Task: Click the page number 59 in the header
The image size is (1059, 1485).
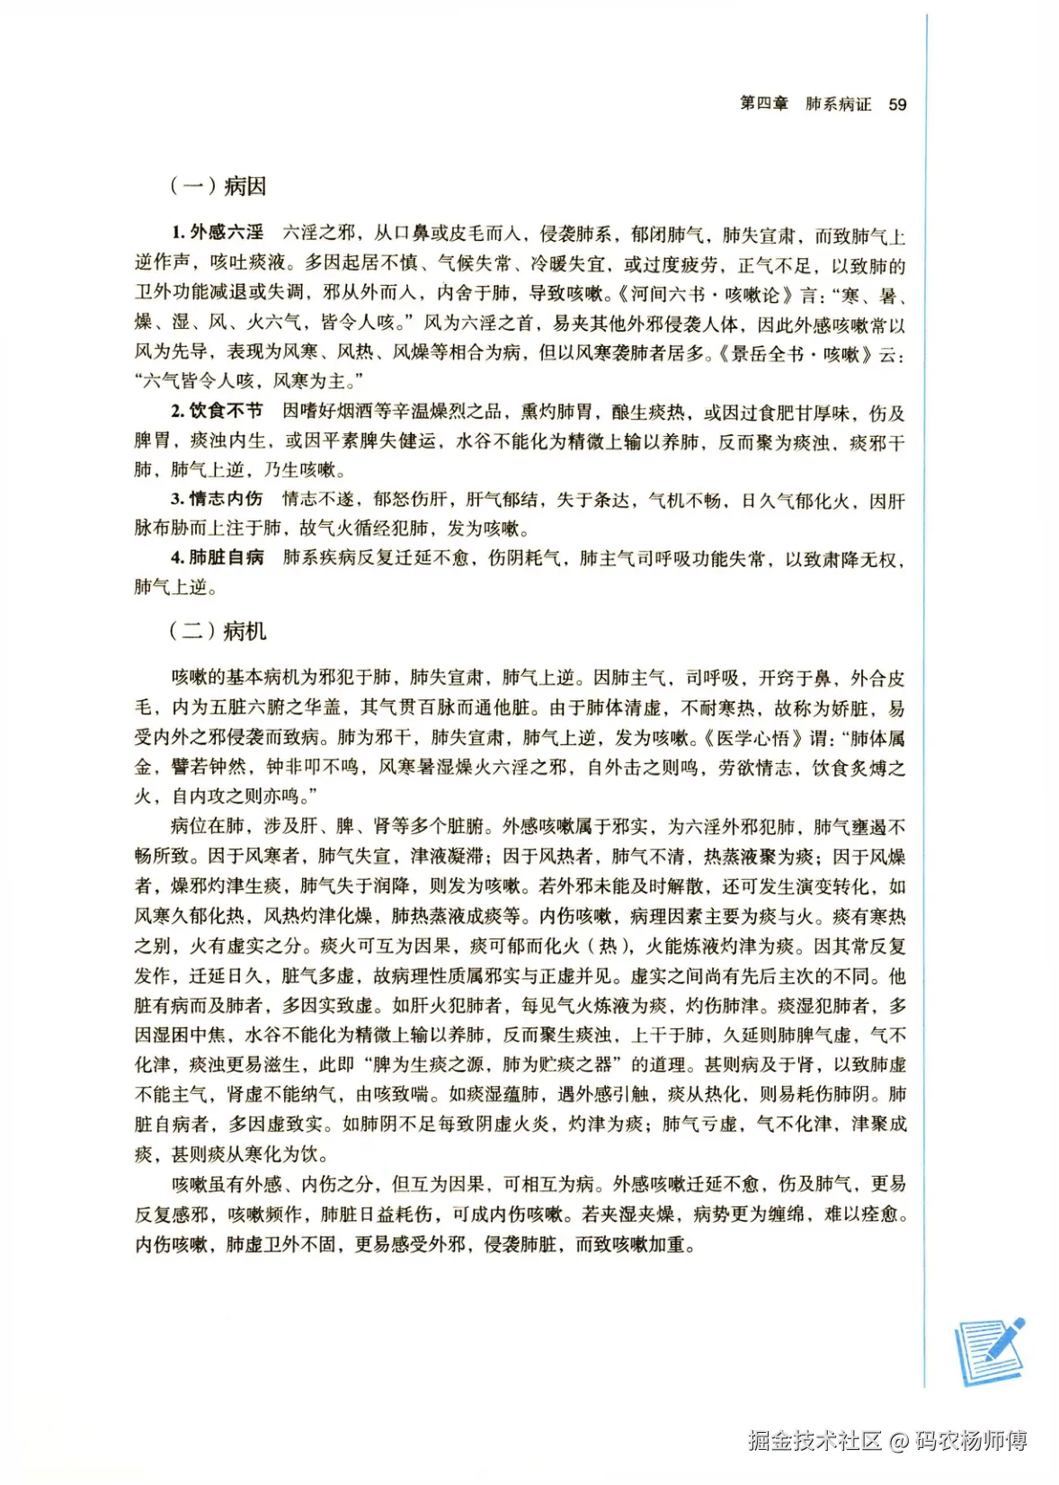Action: pos(897,104)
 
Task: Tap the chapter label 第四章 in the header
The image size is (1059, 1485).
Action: pos(763,104)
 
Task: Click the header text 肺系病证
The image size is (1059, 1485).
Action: pos(838,104)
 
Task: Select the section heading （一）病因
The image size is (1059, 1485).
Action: pos(218,186)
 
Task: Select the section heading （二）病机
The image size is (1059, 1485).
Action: pos(218,631)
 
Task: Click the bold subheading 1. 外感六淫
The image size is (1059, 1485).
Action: pos(218,233)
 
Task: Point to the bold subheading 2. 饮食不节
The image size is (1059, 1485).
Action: pos(218,411)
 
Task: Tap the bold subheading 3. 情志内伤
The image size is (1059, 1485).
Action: pos(218,499)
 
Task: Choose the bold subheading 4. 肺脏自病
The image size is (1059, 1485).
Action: pos(218,557)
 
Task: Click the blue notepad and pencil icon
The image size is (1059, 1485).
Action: pos(989,1350)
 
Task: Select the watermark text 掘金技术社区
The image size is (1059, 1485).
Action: pos(814,1440)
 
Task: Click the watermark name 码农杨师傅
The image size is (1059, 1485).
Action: pos(971,1440)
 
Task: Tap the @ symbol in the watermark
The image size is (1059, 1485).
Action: pos(899,1441)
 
